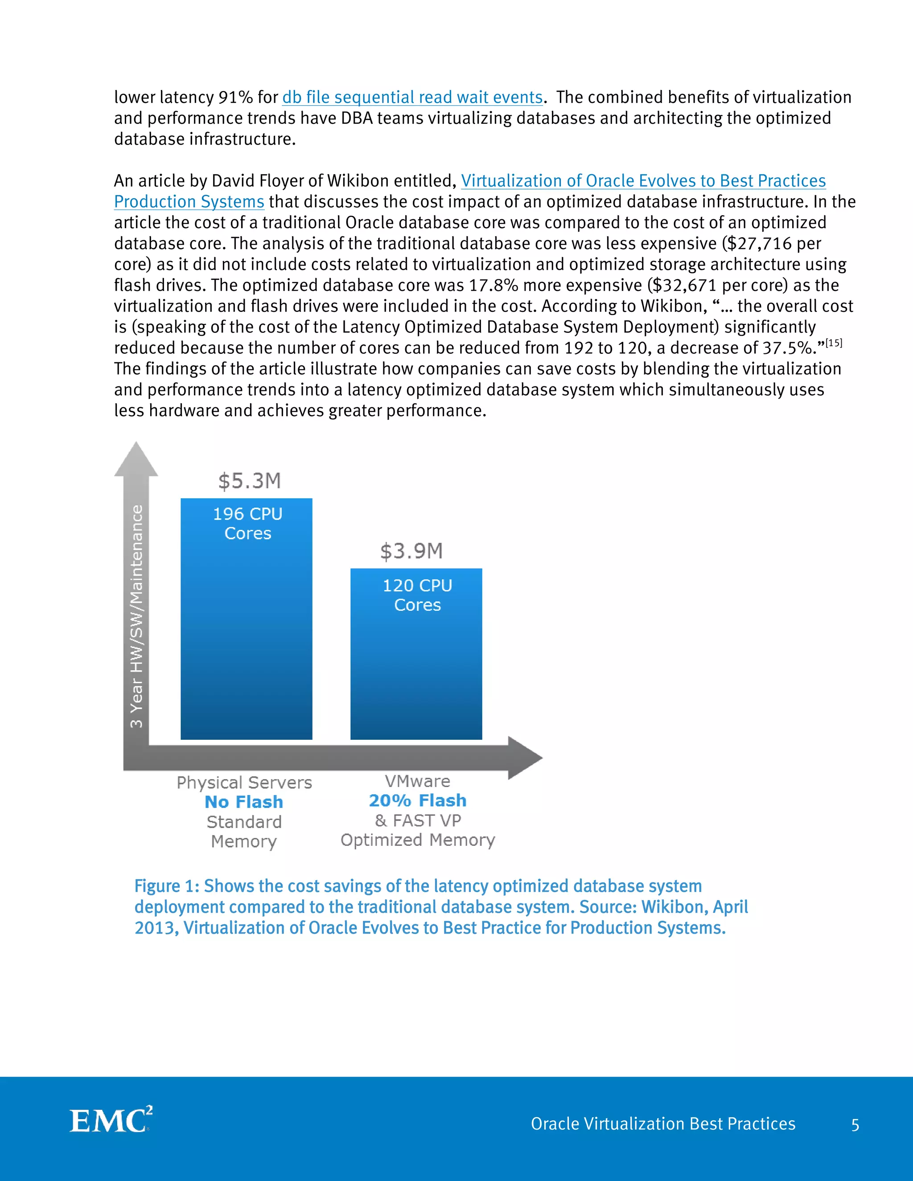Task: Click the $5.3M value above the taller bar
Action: pos(249,481)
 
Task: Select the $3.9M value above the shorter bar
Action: pos(411,551)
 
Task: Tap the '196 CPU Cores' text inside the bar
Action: pos(248,524)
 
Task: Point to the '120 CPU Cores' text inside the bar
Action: pos(417,595)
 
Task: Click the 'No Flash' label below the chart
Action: pos(244,802)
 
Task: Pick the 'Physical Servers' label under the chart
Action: pos(244,783)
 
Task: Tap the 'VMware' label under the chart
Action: pos(417,781)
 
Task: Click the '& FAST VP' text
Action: pos(418,820)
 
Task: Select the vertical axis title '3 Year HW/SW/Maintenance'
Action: pos(137,616)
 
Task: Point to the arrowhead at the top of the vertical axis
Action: pos(136,459)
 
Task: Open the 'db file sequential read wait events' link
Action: pos(412,97)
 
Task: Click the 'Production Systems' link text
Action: pos(189,202)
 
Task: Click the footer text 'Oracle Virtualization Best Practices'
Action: pos(662,1124)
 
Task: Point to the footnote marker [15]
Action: pos(834,343)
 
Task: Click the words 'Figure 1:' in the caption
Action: pos(167,886)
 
